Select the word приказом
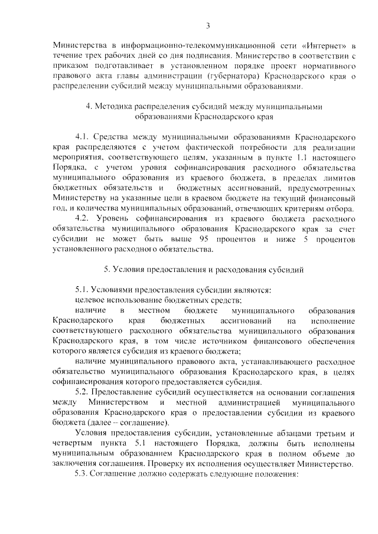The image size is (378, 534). [x=70, y=65]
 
